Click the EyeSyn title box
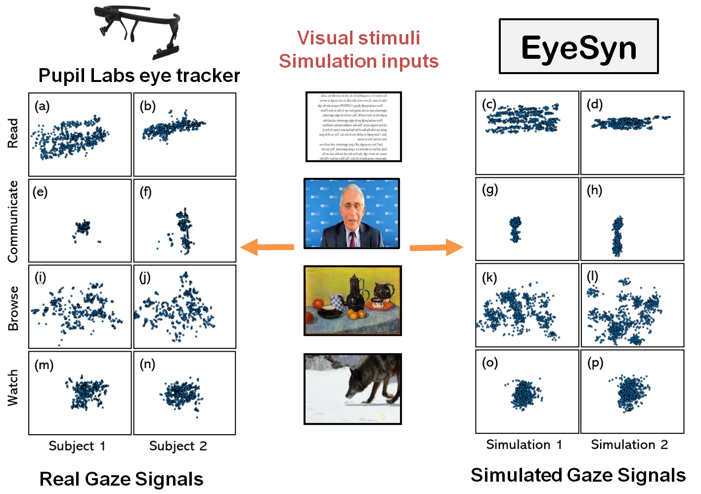click(578, 46)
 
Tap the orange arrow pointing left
click(267, 247)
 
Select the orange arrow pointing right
click(436, 247)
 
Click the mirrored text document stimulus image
click(353, 126)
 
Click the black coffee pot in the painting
click(355, 296)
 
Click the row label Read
click(13, 133)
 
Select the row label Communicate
click(13, 221)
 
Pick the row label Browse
click(13, 308)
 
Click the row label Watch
click(13, 388)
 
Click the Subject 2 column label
click(178, 446)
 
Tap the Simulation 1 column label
click(524, 445)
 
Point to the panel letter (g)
click(490, 190)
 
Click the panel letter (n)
click(147, 364)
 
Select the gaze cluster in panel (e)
click(83, 228)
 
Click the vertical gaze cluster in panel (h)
click(617, 236)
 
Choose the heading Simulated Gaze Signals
click(578, 475)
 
